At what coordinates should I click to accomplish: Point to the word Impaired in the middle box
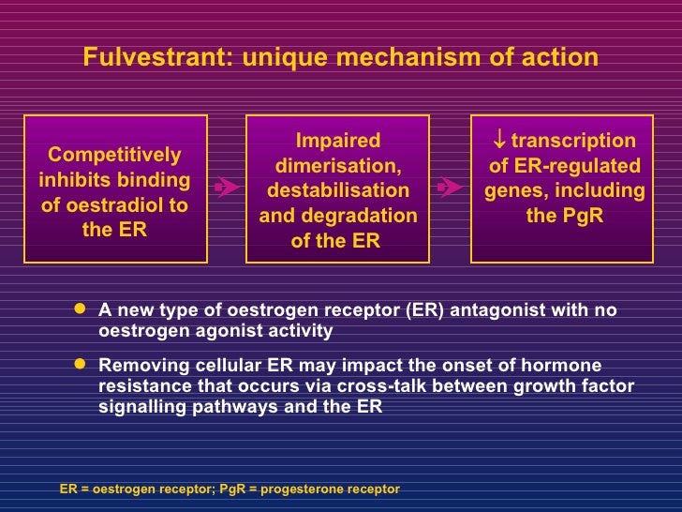(338, 142)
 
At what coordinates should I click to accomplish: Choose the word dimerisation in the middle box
(338, 166)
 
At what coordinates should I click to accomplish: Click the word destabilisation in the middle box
(338, 190)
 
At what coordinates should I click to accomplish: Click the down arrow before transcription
(499, 142)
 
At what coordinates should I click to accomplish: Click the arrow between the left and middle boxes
(225, 188)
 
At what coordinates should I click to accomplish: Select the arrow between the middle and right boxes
(450, 188)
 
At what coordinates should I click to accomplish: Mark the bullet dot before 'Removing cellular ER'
(80, 366)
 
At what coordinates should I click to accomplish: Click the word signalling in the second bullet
(141, 408)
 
